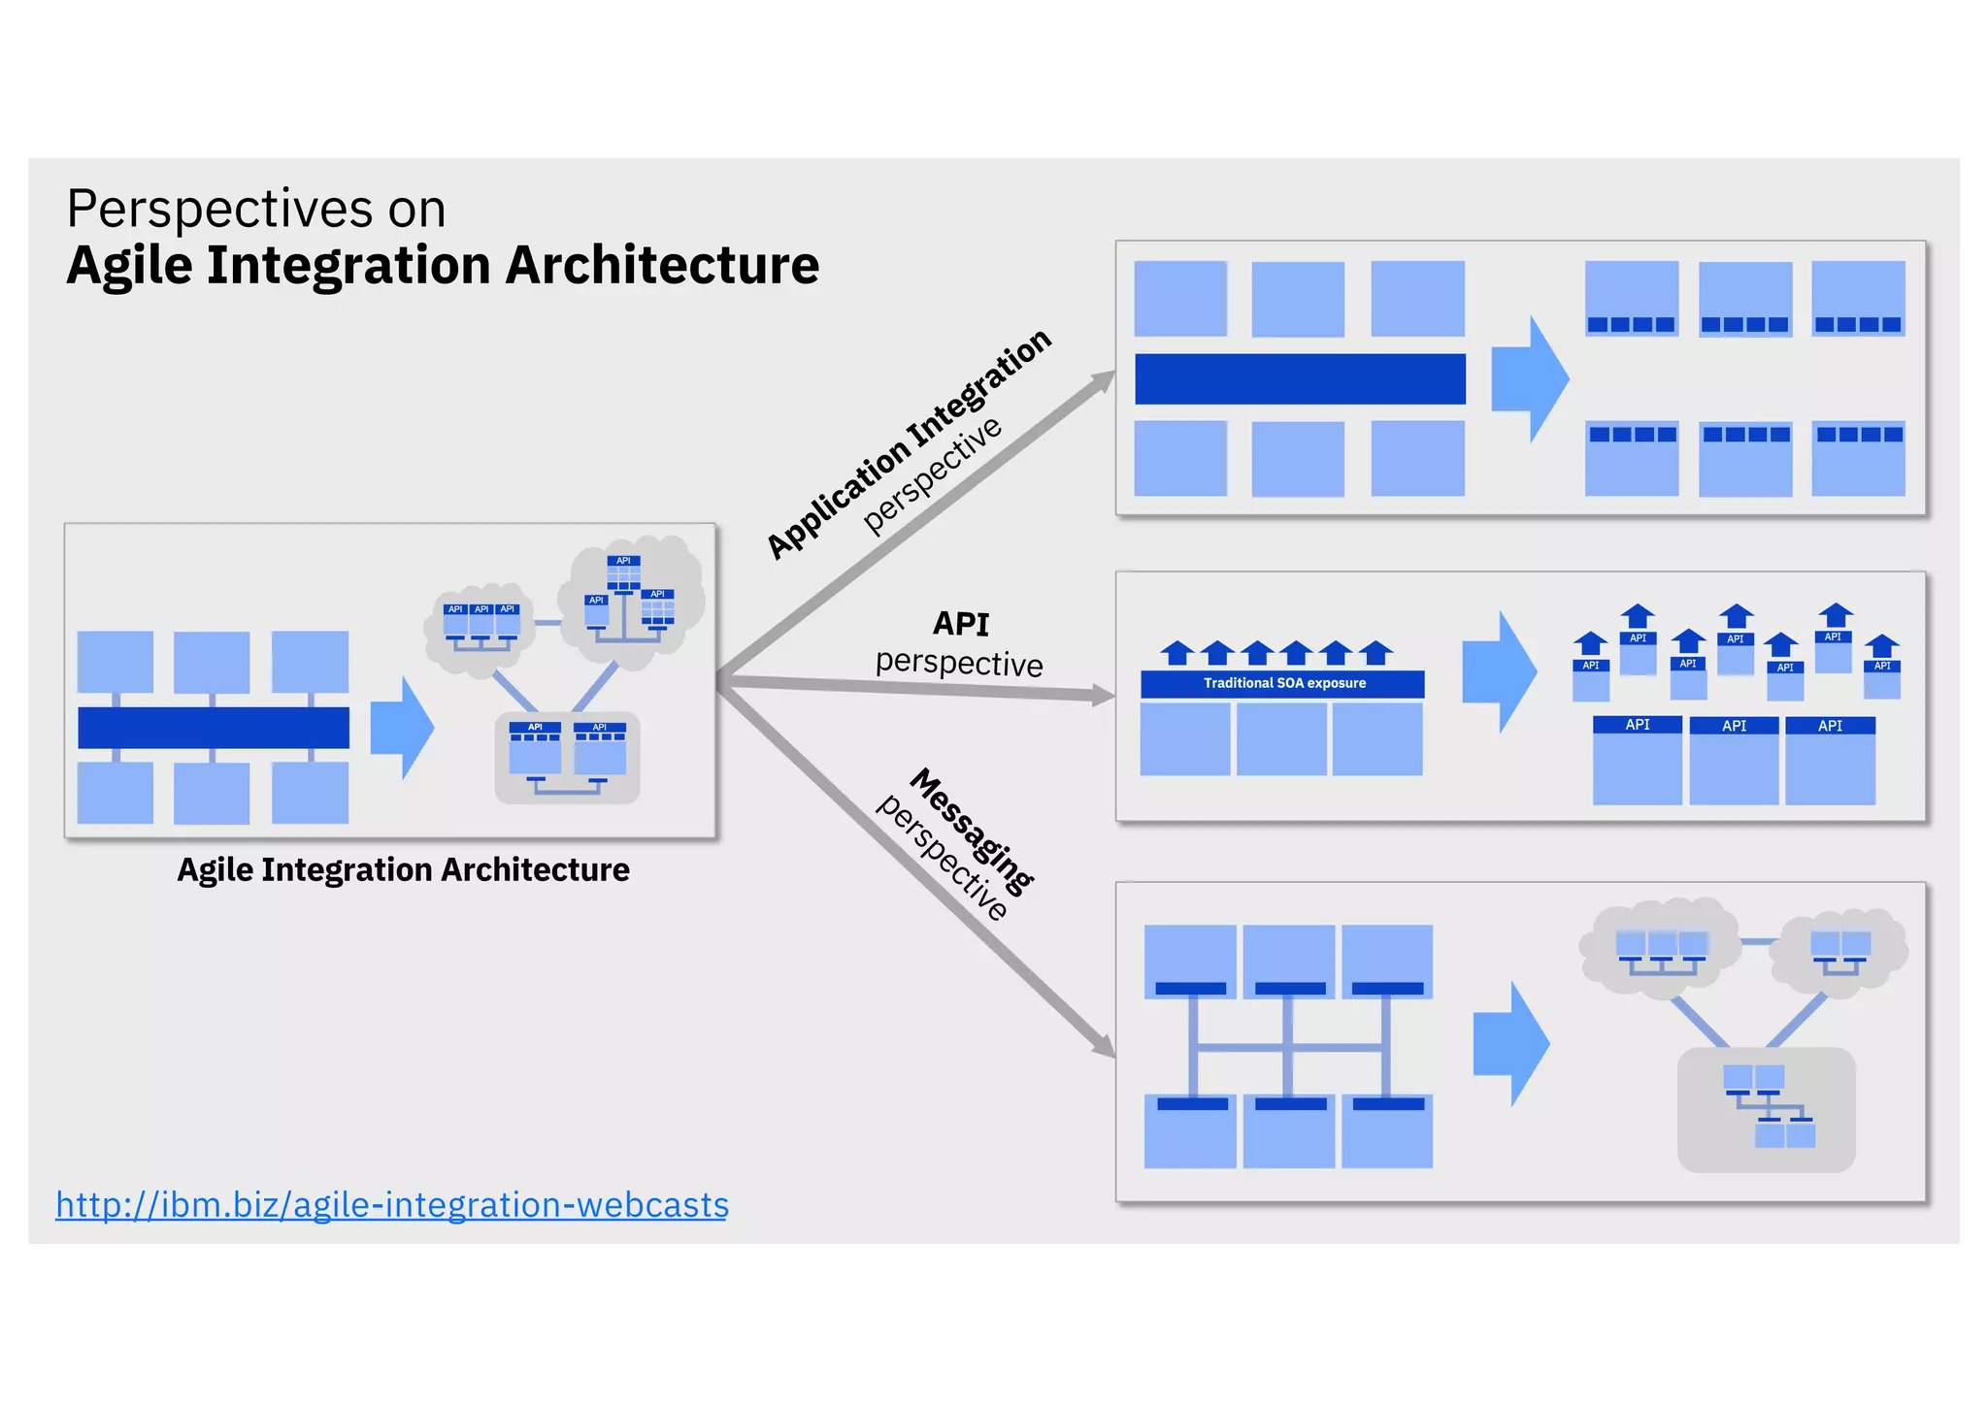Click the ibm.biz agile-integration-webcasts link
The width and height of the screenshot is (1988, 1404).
(391, 1204)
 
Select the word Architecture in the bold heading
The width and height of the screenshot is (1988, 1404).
(662, 265)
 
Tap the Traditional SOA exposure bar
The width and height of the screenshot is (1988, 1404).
(1282, 683)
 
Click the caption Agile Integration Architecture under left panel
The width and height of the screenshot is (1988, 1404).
(403, 869)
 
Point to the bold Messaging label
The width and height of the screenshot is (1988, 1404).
(972, 831)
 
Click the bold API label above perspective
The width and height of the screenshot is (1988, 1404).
(960, 623)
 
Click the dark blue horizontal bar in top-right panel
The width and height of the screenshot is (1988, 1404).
(1300, 378)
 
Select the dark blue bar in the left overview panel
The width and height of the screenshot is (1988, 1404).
(214, 728)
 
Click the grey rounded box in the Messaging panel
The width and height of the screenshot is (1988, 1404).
(1766, 1109)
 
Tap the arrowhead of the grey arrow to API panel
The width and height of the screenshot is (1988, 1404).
(1105, 695)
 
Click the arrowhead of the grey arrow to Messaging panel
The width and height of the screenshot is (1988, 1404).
(1105, 1046)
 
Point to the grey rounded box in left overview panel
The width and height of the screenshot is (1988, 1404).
(567, 758)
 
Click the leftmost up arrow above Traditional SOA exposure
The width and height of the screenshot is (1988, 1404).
(1177, 653)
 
